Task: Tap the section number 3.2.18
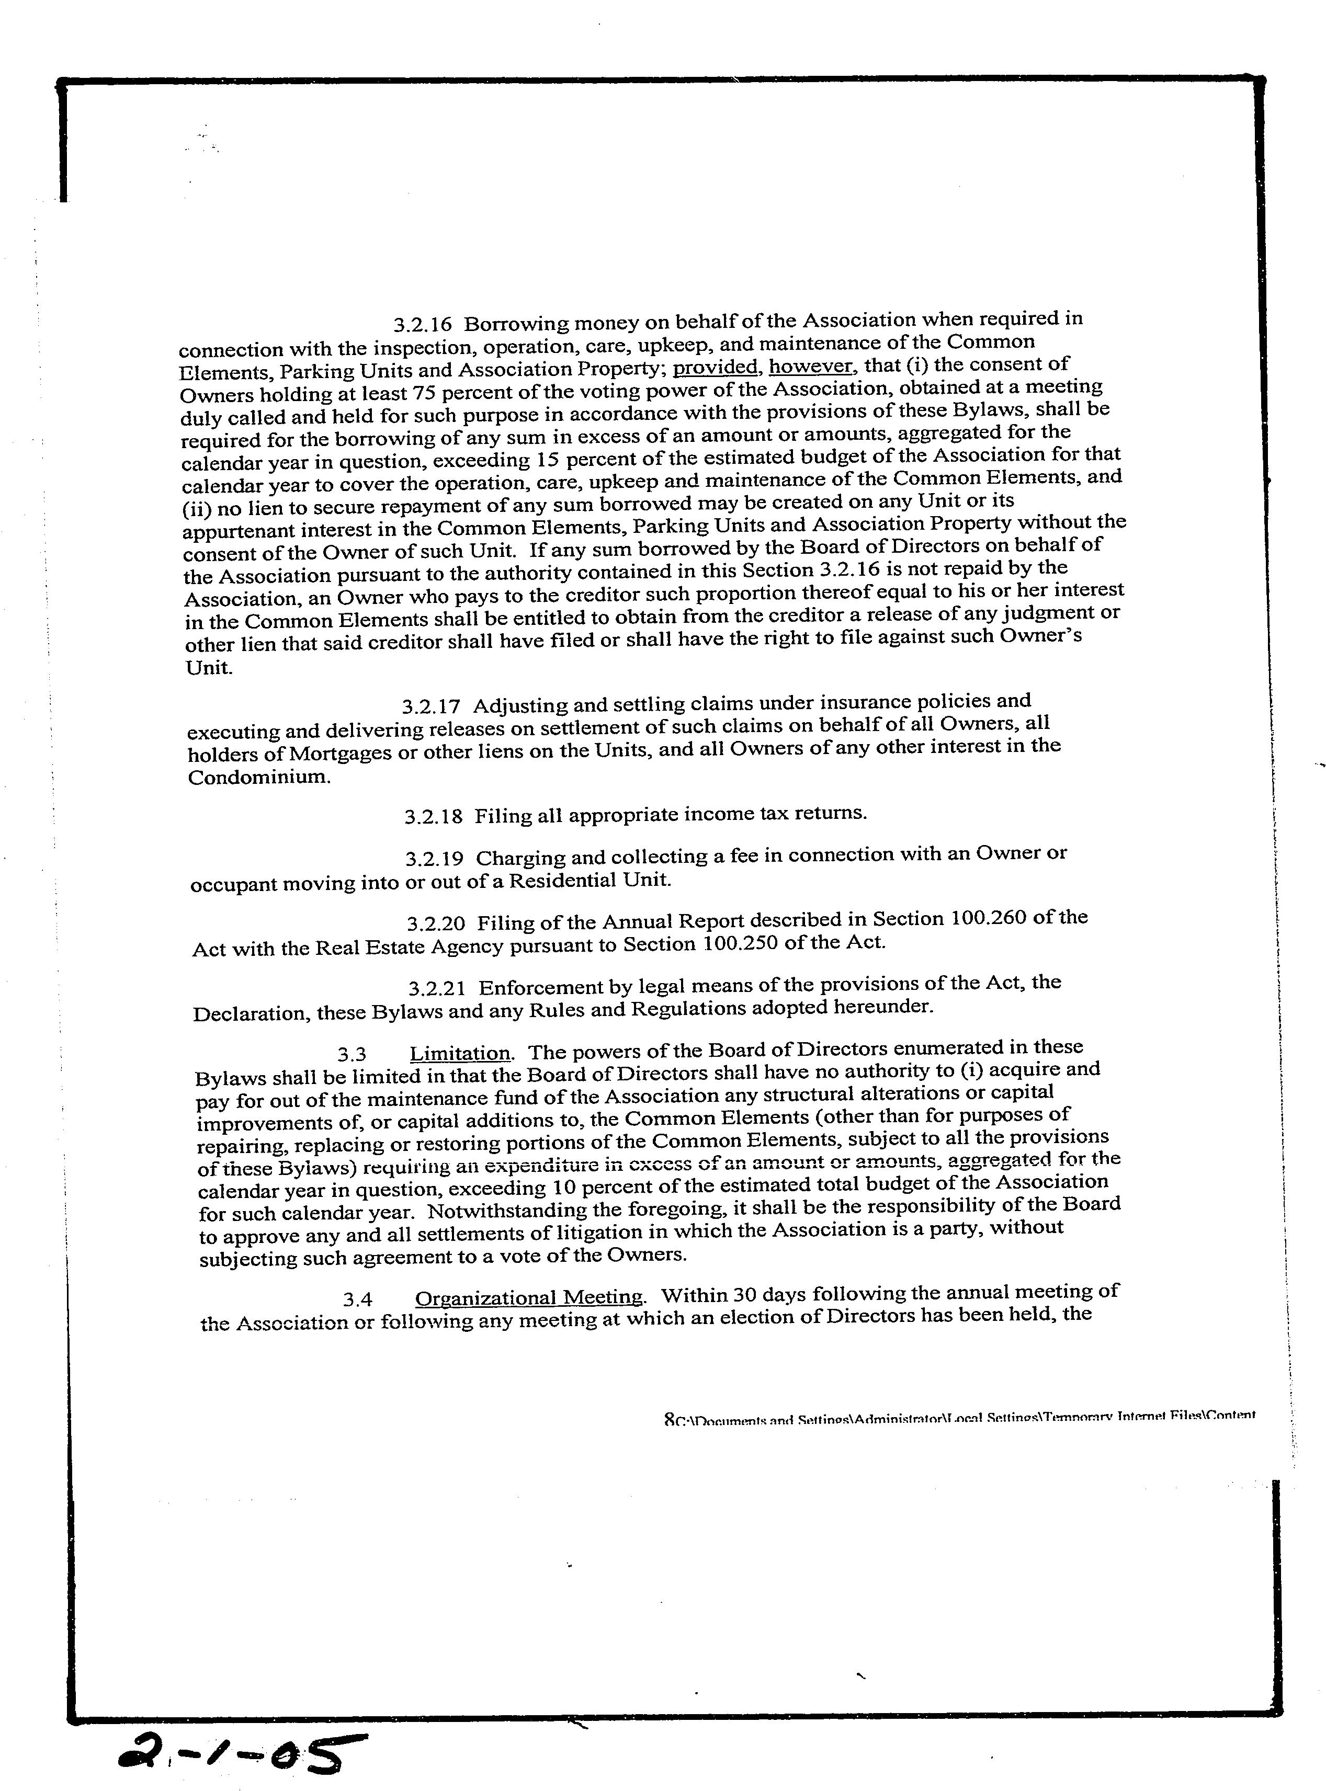click(x=434, y=817)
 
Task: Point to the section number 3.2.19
click(x=434, y=859)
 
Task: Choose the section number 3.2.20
click(x=435, y=923)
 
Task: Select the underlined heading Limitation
click(x=460, y=1054)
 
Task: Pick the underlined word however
click(x=811, y=366)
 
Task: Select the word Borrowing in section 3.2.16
click(x=514, y=323)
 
